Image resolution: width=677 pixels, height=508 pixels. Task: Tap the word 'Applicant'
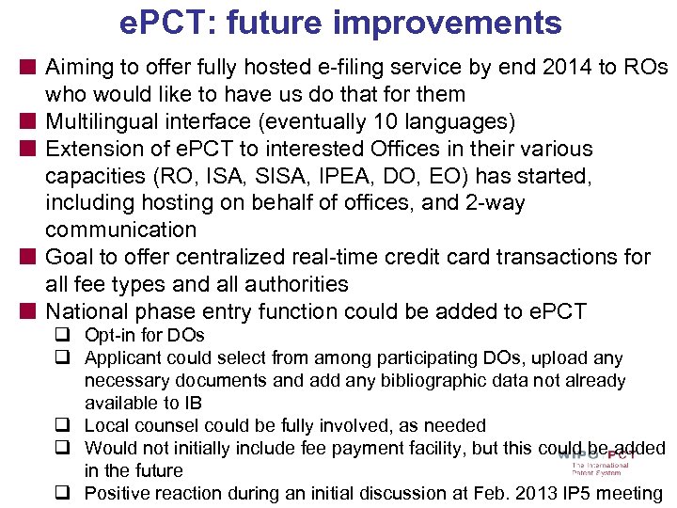121,357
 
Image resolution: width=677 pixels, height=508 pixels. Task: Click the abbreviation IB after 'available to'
193,403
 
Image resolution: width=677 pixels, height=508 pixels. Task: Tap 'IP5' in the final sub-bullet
572,493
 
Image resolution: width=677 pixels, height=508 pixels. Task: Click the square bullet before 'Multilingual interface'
31,121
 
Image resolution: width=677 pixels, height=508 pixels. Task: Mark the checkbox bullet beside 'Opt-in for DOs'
71,335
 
